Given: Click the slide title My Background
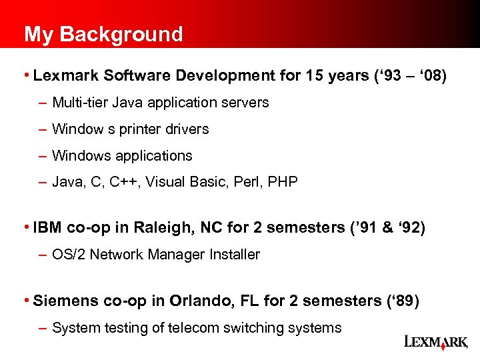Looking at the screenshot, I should pyautogui.click(x=103, y=34).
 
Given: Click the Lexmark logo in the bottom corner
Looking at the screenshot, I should pyautogui.click(x=436, y=342).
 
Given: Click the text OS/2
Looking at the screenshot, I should pyautogui.click(x=67, y=254).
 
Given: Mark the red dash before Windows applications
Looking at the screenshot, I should pyautogui.click(x=43, y=156).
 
